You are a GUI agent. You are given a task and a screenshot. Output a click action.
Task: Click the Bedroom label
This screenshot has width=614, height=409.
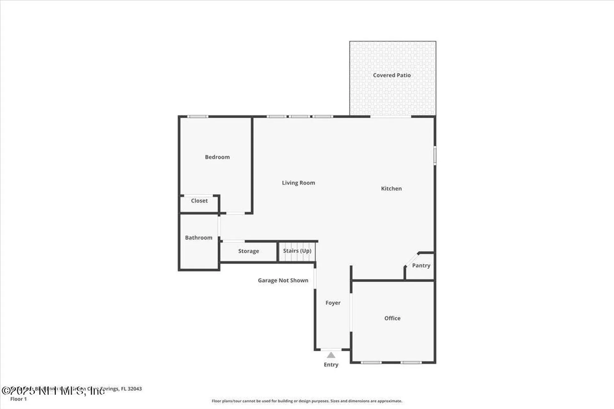pos(217,157)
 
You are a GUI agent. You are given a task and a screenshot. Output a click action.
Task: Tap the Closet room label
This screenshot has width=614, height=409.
pos(199,201)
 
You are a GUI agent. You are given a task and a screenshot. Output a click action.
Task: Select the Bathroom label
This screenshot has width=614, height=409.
pos(199,237)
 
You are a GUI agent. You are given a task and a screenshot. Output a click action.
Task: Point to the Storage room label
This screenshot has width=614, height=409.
pos(248,251)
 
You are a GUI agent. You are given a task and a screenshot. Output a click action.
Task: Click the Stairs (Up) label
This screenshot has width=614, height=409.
pos(297,251)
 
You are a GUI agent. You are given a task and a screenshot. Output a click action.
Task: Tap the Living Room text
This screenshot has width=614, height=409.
pos(298,183)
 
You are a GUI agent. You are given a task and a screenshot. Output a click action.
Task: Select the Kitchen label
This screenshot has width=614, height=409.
pos(391,189)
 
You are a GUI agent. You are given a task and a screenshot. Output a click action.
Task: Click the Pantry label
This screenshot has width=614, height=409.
pos(421,266)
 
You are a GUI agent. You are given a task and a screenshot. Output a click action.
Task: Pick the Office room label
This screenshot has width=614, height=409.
pos(392,318)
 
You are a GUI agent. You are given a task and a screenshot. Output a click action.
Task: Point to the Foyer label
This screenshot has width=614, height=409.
pos(333,303)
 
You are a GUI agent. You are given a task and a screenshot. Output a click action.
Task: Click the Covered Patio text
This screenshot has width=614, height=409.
pos(392,75)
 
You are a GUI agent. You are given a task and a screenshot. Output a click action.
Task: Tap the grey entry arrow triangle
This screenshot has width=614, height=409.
pos(331,355)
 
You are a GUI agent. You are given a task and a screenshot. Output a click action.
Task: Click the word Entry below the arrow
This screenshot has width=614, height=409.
pos(331,365)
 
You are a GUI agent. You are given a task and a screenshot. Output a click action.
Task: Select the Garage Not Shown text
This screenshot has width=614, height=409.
pos(283,280)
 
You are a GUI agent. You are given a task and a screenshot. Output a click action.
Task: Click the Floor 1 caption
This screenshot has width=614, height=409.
pos(19,399)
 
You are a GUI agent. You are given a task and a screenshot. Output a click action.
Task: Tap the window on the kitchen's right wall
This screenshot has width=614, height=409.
pos(435,155)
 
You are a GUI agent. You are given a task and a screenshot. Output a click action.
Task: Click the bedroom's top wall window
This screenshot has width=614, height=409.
pos(198,117)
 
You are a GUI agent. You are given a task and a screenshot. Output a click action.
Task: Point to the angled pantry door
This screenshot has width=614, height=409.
pos(411,259)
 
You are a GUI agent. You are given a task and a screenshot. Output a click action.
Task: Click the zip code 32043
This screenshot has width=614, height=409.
pos(135,389)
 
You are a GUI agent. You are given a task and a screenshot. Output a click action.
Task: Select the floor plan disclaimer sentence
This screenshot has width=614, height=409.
pos(307,401)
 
